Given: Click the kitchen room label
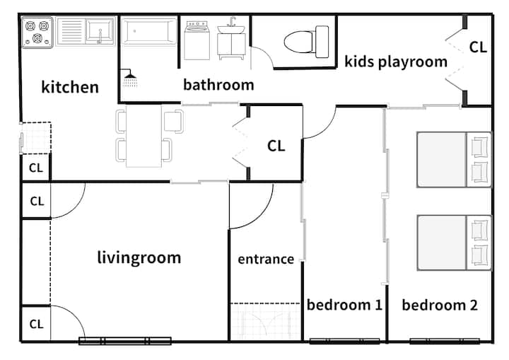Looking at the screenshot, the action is [x=70, y=87].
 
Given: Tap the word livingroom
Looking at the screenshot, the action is [x=139, y=257].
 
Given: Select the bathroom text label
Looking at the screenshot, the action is [x=218, y=85].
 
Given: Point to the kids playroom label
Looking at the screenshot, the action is [x=396, y=62].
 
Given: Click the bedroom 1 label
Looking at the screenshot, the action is [x=344, y=305].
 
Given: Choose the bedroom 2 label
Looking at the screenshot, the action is [x=440, y=305].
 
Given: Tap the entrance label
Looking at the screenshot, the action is [x=266, y=259].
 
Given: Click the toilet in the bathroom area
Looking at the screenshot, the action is [x=306, y=42].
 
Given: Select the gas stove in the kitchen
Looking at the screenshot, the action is [x=37, y=33].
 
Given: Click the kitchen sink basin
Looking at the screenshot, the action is [x=100, y=31].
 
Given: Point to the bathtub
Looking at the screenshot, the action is [x=149, y=32].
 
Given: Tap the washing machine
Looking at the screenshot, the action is [x=197, y=40].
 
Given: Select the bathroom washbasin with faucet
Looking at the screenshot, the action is [x=231, y=38].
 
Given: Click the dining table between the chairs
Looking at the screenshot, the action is [x=144, y=136].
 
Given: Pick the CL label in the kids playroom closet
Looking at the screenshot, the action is [x=478, y=47].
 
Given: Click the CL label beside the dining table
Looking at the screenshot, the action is [x=276, y=146].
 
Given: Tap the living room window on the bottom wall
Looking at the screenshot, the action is [x=125, y=341].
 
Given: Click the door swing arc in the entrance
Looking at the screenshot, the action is [x=259, y=216].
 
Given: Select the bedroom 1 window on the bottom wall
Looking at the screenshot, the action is [x=344, y=341].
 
